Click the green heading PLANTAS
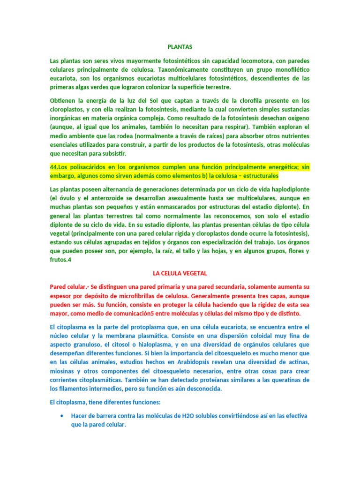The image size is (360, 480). pyautogui.click(x=180, y=47)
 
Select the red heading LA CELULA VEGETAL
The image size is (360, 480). pyautogui.click(x=180, y=273)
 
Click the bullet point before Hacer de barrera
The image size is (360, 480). pyautogui.click(x=63, y=416)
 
